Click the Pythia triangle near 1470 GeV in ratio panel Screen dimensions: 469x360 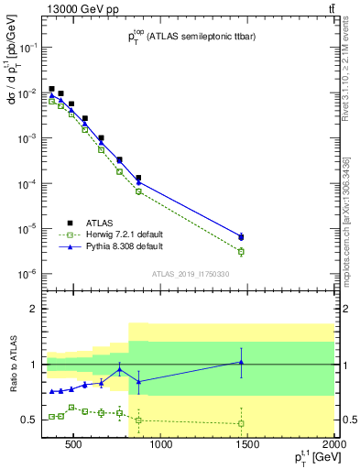[241, 363]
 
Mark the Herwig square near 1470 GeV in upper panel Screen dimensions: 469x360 [241, 251]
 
